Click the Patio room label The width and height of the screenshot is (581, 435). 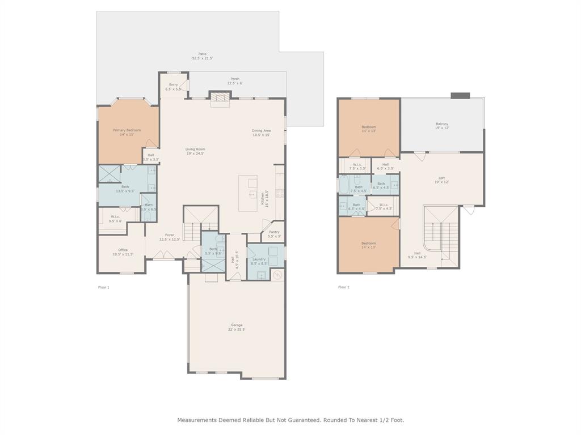(202, 54)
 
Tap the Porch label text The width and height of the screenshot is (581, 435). (234, 79)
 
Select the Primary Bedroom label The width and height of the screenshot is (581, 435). (127, 130)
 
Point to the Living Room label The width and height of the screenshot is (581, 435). (195, 150)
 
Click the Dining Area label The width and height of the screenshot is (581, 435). (261, 131)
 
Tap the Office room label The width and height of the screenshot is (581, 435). (123, 250)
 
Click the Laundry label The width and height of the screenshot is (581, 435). (259, 259)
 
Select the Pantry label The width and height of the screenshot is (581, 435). (274, 232)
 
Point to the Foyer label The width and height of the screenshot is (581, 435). (170, 235)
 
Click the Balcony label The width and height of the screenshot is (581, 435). (441, 124)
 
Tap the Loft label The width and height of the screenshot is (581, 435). (441, 178)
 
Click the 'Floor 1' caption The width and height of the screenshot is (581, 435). (104, 287)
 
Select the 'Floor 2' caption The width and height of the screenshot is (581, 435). (344, 287)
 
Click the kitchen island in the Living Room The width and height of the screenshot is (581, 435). (248, 193)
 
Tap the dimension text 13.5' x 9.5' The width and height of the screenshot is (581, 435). (125, 191)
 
